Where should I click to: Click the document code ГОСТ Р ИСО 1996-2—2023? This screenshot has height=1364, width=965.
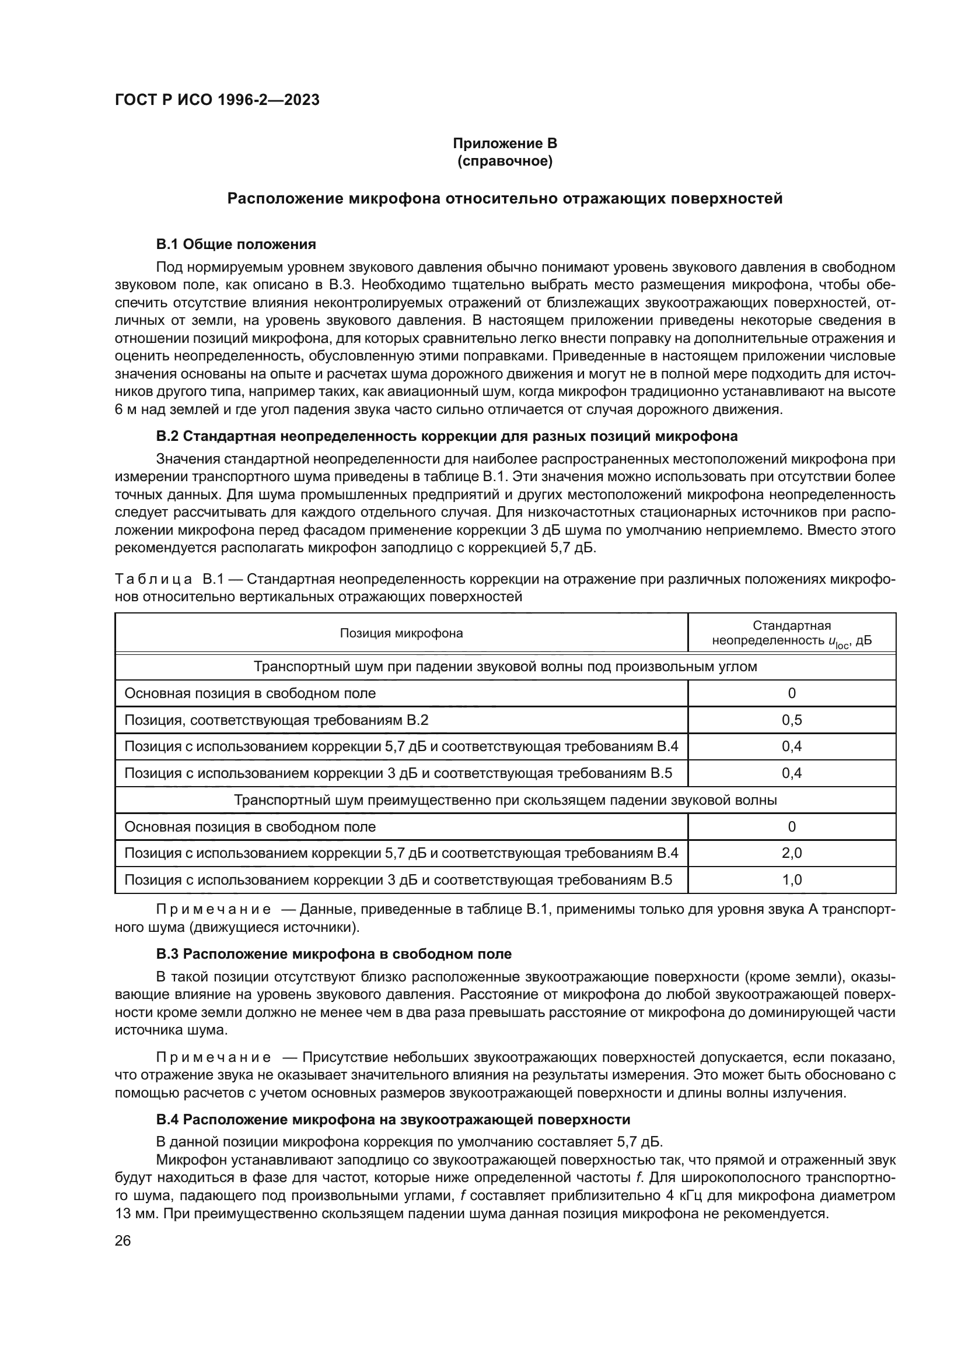[x=217, y=100]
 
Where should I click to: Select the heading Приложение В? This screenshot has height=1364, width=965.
[x=505, y=143]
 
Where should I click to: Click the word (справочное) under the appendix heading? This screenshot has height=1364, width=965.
[x=505, y=162]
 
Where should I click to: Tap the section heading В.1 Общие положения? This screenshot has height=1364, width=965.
[x=236, y=244]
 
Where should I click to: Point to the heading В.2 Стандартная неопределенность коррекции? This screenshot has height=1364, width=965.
[x=446, y=436]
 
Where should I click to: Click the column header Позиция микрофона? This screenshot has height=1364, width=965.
[x=401, y=633]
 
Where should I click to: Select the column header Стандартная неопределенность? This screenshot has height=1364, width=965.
[x=792, y=633]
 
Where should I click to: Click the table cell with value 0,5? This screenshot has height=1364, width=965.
[x=792, y=720]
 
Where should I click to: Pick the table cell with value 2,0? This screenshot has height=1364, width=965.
[x=792, y=853]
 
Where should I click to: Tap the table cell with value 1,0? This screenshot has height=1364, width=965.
[x=792, y=880]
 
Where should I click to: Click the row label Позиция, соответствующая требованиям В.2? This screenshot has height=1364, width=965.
[x=277, y=720]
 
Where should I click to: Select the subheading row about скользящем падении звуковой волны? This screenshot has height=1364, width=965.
[x=505, y=800]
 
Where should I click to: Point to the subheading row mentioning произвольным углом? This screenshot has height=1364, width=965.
[x=505, y=667]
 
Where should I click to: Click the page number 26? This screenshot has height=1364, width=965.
[x=123, y=1240]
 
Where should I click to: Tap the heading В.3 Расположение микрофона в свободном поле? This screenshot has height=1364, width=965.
[x=333, y=954]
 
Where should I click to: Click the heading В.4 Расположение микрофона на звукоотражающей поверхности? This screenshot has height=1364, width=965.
[x=393, y=1119]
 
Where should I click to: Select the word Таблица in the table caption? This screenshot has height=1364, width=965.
[x=153, y=578]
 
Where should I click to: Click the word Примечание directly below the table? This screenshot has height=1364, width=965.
[x=214, y=910]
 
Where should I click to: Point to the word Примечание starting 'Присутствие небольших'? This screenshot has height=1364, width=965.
[x=214, y=1057]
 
